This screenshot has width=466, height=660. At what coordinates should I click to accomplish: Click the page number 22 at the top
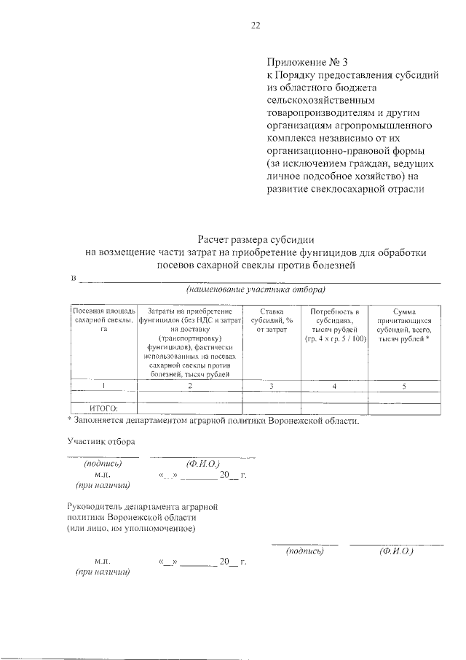(x=255, y=26)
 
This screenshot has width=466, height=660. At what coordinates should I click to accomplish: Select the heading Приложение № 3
(x=298, y=61)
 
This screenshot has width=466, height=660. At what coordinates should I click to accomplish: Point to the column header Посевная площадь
(x=103, y=311)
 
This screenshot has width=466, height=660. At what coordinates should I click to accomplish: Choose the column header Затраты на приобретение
(x=189, y=311)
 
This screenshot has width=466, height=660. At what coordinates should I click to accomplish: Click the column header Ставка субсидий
(x=271, y=311)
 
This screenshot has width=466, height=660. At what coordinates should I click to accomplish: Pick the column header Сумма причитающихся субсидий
(x=403, y=311)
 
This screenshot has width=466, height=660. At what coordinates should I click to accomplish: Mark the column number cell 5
(x=403, y=386)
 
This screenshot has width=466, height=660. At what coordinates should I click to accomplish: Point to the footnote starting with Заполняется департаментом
(x=213, y=421)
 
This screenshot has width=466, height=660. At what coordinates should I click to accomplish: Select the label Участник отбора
(x=100, y=441)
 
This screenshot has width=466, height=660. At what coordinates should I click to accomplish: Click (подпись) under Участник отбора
(x=102, y=464)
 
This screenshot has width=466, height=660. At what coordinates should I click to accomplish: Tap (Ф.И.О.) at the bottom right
(x=397, y=551)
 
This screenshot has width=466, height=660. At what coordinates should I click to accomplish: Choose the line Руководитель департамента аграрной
(x=143, y=505)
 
